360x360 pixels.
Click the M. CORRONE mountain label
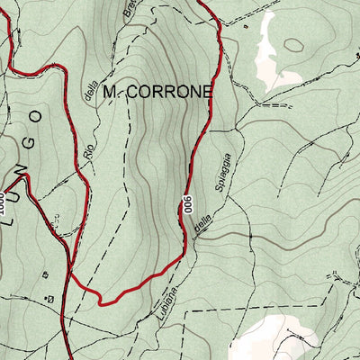click(157, 92)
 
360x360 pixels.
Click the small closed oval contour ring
click(294, 44)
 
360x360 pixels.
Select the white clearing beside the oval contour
click(267, 54)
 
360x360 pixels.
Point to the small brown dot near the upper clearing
click(245, 26)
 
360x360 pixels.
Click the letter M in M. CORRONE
click(110, 92)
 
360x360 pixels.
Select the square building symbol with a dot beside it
click(50, 297)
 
